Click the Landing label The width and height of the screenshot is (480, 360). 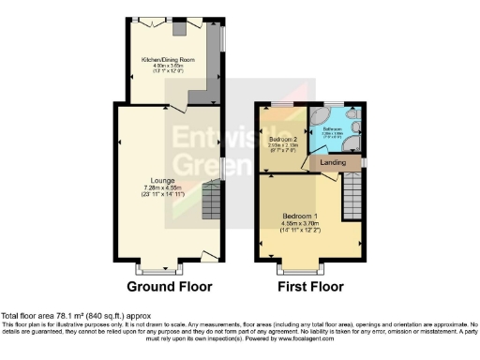tap(332, 163)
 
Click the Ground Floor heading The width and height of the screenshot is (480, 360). tap(169, 286)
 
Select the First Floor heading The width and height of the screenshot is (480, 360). tap(311, 286)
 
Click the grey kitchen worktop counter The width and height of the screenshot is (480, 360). tap(209, 89)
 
